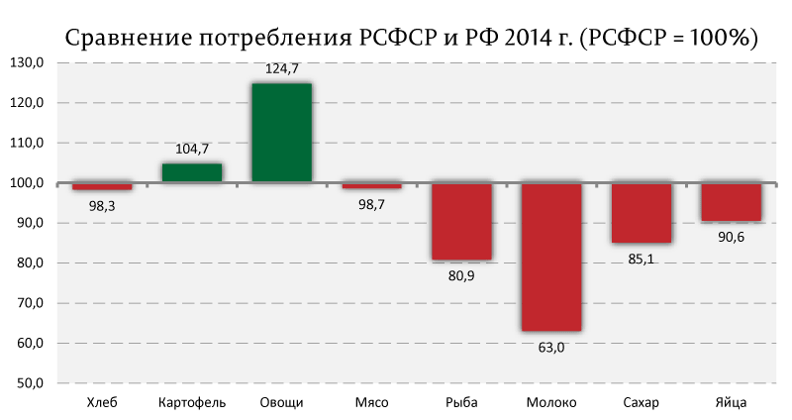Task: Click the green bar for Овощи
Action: tap(281, 133)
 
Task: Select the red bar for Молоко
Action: tap(551, 258)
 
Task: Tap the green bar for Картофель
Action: tap(191, 172)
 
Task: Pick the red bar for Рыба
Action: tap(461, 221)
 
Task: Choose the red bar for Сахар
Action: tap(642, 213)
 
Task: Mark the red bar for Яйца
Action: tap(732, 202)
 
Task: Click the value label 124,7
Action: tap(281, 68)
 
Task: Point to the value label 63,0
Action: tap(551, 348)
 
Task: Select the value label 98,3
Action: tap(102, 206)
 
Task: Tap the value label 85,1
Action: tap(641, 260)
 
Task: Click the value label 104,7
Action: tap(192, 150)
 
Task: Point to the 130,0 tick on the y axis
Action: tap(27, 62)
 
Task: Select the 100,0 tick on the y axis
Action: tap(27, 183)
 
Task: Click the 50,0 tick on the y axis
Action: tap(30, 383)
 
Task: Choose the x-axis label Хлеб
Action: tap(102, 403)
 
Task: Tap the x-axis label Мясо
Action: tap(372, 403)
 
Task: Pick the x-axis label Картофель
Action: tap(192, 403)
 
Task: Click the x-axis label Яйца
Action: tap(731, 403)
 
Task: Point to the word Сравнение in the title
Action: tap(129, 39)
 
